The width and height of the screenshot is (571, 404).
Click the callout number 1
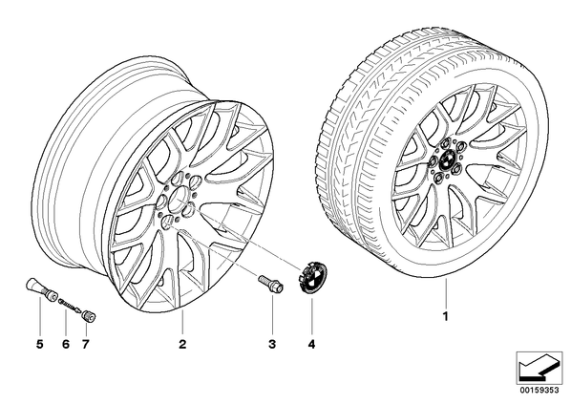pyautogui.click(x=445, y=316)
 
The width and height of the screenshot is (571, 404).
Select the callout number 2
pyautogui.click(x=182, y=344)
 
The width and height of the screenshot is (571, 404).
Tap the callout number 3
pyautogui.click(x=272, y=344)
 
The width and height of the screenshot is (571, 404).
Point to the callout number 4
pyautogui.click(x=311, y=344)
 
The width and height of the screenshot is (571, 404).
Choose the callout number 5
pyautogui.click(x=40, y=344)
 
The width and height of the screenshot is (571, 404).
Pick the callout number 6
pyautogui.click(x=66, y=344)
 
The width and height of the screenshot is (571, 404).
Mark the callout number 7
pyautogui.click(x=86, y=344)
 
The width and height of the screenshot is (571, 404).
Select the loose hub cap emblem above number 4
pyautogui.click(x=313, y=277)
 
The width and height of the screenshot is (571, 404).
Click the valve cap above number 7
pyautogui.click(x=89, y=316)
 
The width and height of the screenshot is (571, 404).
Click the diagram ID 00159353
pyautogui.click(x=539, y=390)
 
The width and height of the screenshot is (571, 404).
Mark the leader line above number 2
pyautogui.click(x=182, y=323)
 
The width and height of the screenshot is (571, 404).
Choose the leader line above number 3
pyautogui.click(x=272, y=314)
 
